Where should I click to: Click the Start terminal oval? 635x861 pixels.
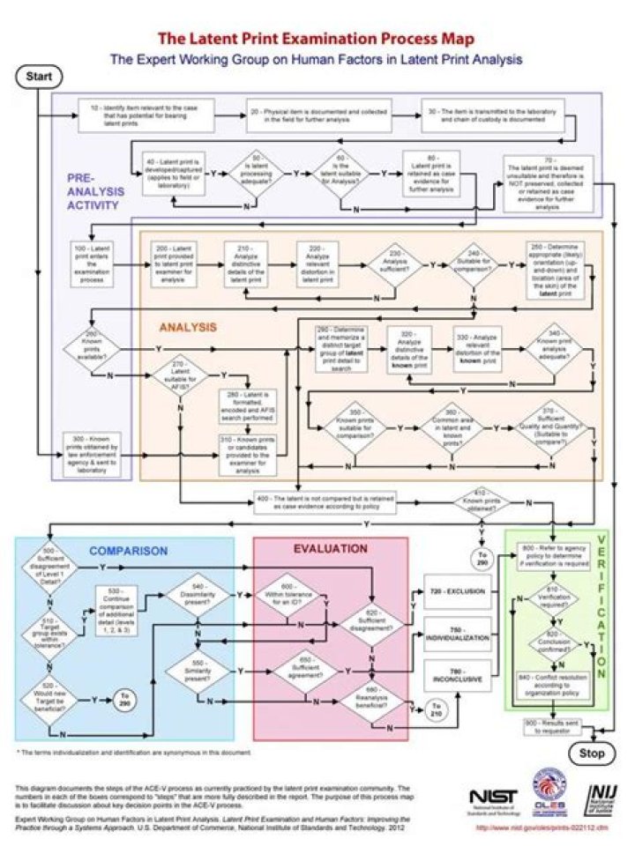pos(39,77)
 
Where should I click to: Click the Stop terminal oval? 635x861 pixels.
pos(592,753)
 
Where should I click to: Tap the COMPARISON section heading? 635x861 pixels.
pos(128,551)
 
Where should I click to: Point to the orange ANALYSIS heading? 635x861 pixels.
pos(188,326)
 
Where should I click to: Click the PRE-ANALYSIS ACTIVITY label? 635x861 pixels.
pos(95,191)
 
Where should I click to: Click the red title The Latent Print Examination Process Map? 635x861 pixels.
pos(316,39)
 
